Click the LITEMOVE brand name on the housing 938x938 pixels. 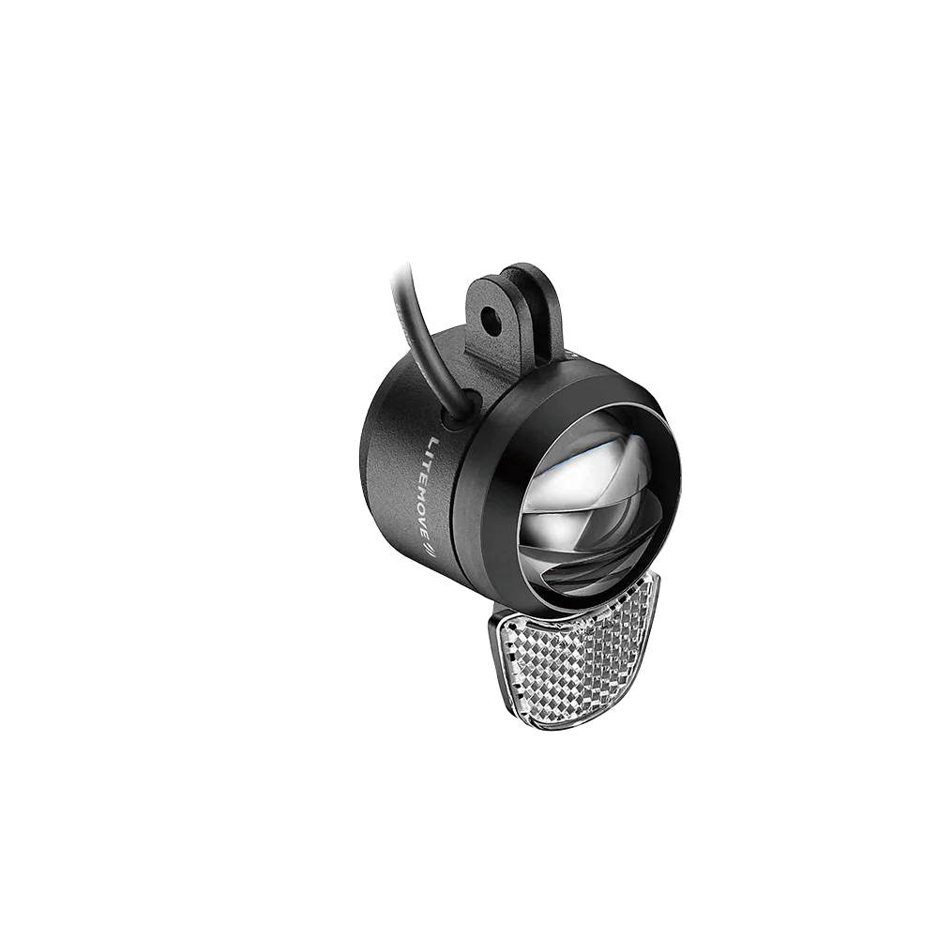coord(431,489)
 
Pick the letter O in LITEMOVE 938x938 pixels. coord(427,507)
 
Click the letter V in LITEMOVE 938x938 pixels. coord(427,520)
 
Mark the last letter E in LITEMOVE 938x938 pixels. coord(426,531)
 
